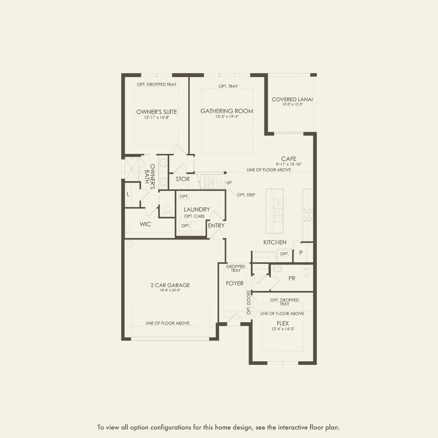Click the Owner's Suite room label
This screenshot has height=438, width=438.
tap(156, 112)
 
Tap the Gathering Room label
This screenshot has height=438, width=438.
tap(227, 111)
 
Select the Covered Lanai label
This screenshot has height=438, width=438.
tap(292, 99)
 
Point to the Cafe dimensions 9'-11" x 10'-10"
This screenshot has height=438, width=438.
tap(289, 164)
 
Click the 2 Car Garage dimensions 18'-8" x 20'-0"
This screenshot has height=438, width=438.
tap(170, 290)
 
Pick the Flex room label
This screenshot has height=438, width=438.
tap(283, 323)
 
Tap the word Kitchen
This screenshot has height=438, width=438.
tap(275, 242)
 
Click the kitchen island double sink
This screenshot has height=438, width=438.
tap(278, 215)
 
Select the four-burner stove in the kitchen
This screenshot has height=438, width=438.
tap(307, 215)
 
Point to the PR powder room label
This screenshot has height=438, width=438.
tap(292, 278)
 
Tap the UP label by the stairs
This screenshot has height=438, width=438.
tap(229, 183)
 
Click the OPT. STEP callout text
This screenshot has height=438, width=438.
tap(246, 195)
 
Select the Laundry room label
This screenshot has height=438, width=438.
tap(197, 209)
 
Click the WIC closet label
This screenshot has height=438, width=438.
tap(146, 224)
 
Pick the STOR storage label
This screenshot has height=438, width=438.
tap(183, 179)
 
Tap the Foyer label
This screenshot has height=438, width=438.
tap(235, 283)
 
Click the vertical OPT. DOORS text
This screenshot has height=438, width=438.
tap(249, 302)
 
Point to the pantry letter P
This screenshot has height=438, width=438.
tap(301, 253)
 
